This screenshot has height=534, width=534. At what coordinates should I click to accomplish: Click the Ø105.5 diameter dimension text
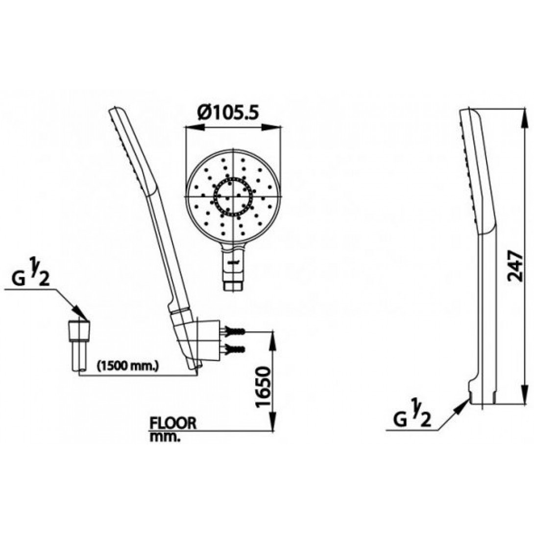pyautogui.click(x=228, y=114)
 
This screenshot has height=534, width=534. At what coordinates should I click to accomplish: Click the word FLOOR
pyautogui.click(x=173, y=423)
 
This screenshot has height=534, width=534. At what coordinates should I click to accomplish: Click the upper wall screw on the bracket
pyautogui.click(x=235, y=332)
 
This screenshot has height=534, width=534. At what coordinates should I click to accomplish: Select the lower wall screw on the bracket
pyautogui.click(x=235, y=350)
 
